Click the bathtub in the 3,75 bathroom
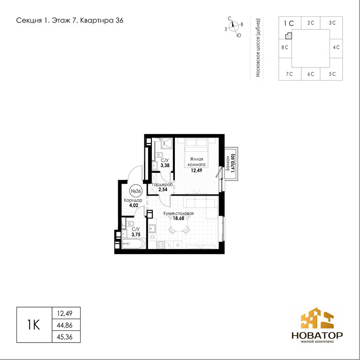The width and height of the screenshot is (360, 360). click(134, 243)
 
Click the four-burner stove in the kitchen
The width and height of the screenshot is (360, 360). click(160, 245)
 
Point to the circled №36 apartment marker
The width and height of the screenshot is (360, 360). click(136, 191)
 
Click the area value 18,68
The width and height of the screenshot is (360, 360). click(179, 218)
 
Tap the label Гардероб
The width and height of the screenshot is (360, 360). click(162, 185)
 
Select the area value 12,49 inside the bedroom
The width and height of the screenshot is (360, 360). click(196, 170)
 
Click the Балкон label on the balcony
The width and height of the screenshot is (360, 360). click(227, 163)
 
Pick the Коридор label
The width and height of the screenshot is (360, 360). click(133, 200)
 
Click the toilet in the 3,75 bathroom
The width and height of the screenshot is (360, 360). click(130, 224)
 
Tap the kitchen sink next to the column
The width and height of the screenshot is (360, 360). click(152, 228)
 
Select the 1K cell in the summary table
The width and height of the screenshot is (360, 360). click(34, 325)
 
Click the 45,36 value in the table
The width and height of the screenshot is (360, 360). click(65, 337)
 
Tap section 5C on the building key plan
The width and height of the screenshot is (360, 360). click(332, 74)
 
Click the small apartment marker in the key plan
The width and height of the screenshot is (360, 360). click(289, 36)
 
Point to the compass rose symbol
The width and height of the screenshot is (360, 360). click(234, 26)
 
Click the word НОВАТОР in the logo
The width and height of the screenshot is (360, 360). click(317, 336)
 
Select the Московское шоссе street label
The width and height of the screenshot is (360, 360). click(258, 48)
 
